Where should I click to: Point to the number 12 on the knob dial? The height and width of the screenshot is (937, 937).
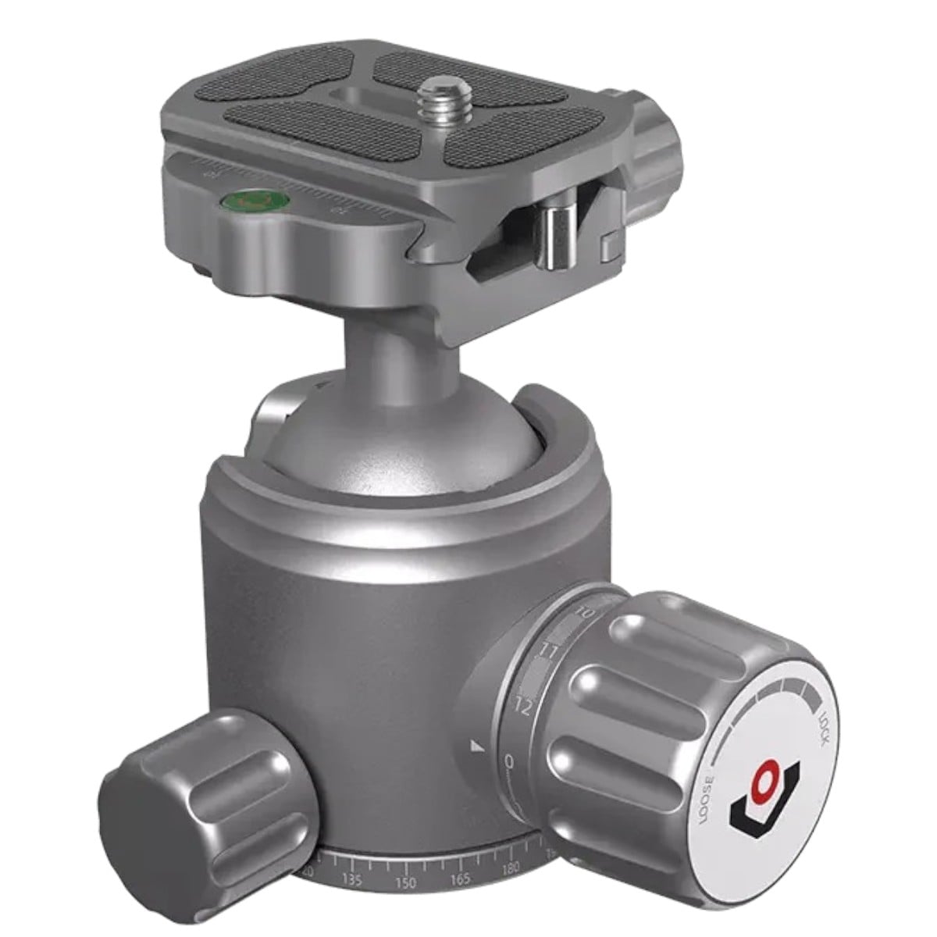pos(523,707)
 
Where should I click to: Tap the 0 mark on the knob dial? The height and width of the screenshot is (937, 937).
pos(509,761)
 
